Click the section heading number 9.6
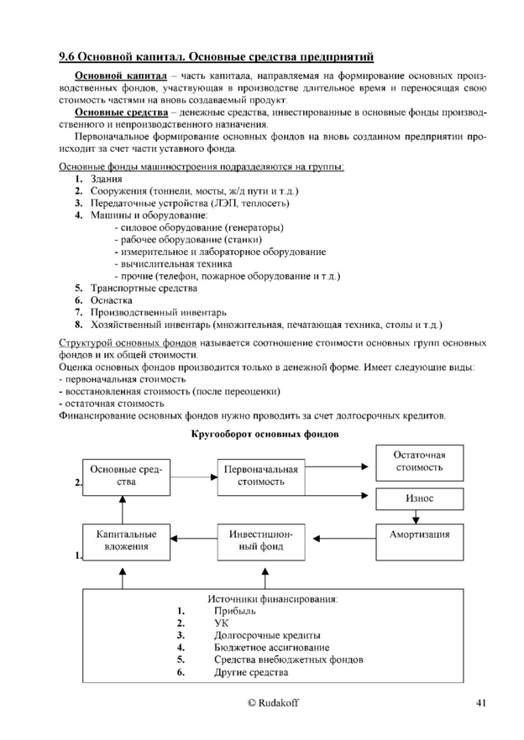67,57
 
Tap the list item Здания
106,179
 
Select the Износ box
419,498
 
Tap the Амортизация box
419,534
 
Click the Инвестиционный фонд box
260,540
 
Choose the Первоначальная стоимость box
260,476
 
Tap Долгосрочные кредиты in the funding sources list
267,635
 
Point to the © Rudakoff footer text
261,702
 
